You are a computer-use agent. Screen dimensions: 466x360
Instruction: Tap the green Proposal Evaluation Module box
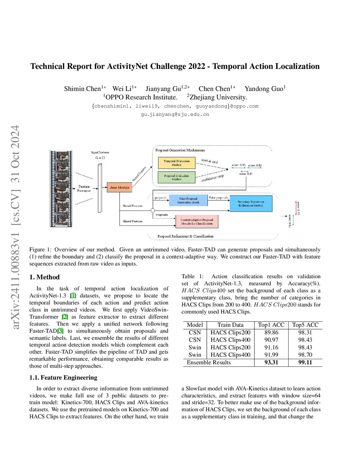(176, 177)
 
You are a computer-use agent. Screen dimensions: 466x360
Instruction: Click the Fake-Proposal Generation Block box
(188, 200)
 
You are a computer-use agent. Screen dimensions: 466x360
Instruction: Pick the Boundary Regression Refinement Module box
(251, 204)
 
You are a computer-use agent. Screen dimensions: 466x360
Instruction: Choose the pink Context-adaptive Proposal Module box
(197, 222)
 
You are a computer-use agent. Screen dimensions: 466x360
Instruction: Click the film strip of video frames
(61, 189)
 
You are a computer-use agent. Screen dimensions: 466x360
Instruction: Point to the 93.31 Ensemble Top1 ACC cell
(271, 362)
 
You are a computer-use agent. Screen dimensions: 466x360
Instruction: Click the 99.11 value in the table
(305, 362)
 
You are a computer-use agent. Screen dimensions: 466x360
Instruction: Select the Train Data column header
(230, 325)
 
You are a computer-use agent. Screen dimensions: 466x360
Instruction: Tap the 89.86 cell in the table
(271, 332)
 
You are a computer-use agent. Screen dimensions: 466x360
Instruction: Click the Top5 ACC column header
(305, 325)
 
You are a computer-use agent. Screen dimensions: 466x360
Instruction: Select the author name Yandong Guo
(264, 89)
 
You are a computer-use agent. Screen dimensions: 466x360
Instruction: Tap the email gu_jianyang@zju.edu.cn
(175, 114)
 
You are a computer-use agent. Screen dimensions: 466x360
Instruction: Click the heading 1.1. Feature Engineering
(63, 377)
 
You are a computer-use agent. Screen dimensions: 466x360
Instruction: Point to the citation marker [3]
(60, 331)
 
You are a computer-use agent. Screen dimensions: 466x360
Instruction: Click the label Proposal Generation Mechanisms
(180, 150)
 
